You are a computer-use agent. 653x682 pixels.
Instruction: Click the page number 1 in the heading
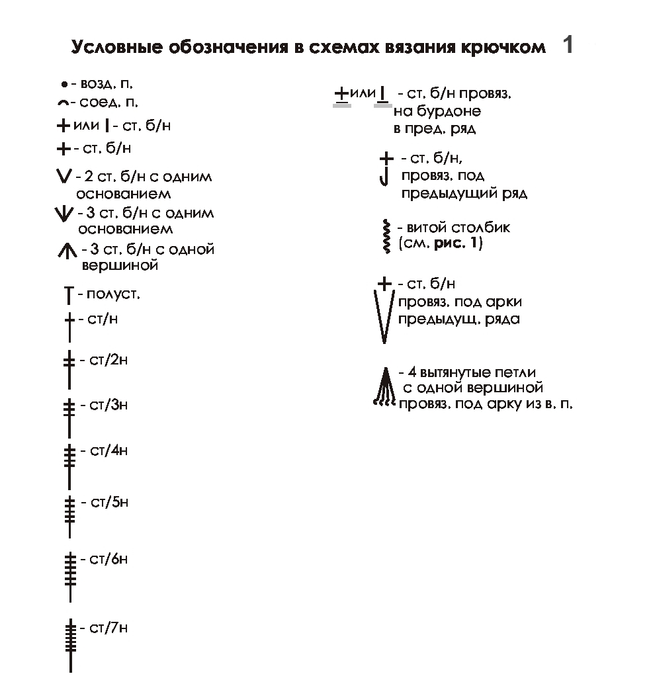[x=567, y=46]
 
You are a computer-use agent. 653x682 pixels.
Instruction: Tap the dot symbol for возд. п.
[x=64, y=85]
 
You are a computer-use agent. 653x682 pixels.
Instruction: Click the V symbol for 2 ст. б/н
[x=64, y=177]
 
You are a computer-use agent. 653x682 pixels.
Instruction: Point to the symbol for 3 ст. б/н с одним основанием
[x=64, y=214]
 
